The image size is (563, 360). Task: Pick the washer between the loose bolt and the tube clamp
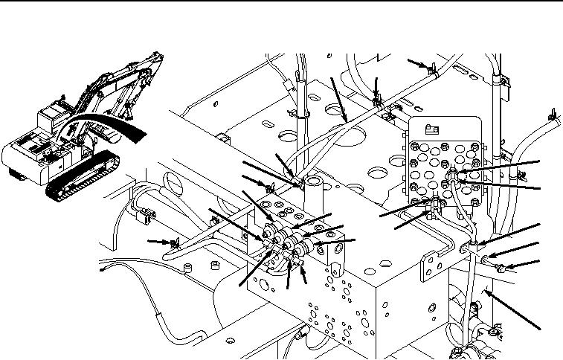coord(484,259)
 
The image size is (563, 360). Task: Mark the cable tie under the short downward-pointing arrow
coord(377,97)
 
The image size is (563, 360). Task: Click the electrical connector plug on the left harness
coord(144,216)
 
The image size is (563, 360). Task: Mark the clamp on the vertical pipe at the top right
coord(501,77)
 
